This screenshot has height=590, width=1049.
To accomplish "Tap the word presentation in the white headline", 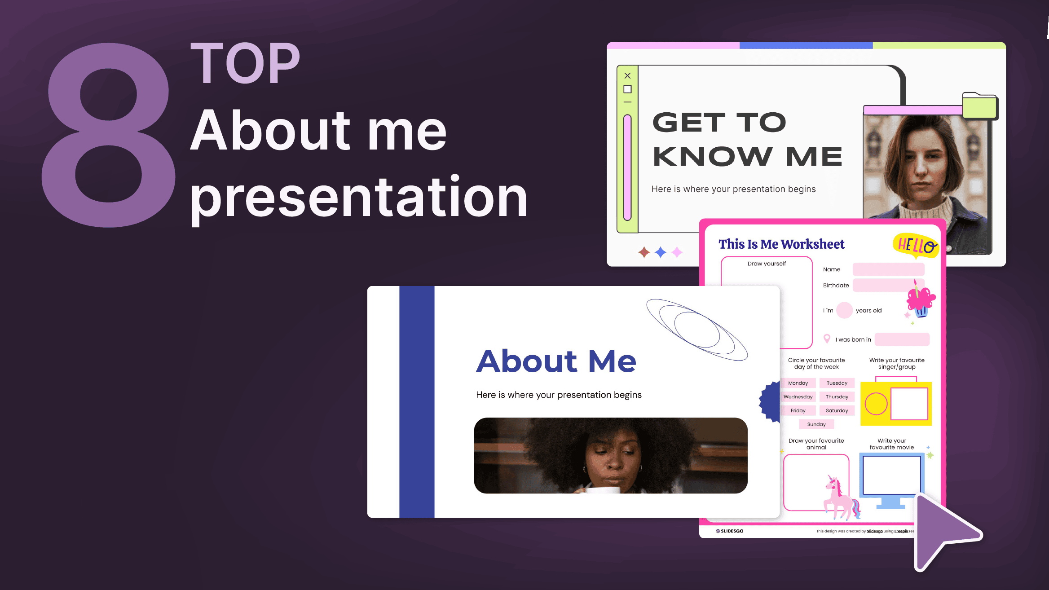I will (x=358, y=198).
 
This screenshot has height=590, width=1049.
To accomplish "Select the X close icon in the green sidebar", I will (x=627, y=75).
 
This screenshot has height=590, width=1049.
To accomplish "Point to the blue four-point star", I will (x=660, y=252).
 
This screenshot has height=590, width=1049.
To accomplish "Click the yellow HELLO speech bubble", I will (x=915, y=245).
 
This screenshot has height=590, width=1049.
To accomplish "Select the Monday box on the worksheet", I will (x=798, y=383).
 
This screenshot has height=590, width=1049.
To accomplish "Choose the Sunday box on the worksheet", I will (x=816, y=424).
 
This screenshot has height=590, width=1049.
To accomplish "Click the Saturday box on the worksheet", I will (x=837, y=410).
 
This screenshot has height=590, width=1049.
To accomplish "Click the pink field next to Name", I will (x=888, y=269).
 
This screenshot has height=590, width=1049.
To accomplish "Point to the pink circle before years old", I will (x=844, y=310).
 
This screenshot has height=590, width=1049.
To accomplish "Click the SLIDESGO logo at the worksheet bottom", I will (x=730, y=531).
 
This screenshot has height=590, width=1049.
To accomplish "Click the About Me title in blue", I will (x=556, y=361).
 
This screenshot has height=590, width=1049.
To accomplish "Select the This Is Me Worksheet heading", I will (x=781, y=244).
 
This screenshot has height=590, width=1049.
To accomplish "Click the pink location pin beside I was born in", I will (x=827, y=339).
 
